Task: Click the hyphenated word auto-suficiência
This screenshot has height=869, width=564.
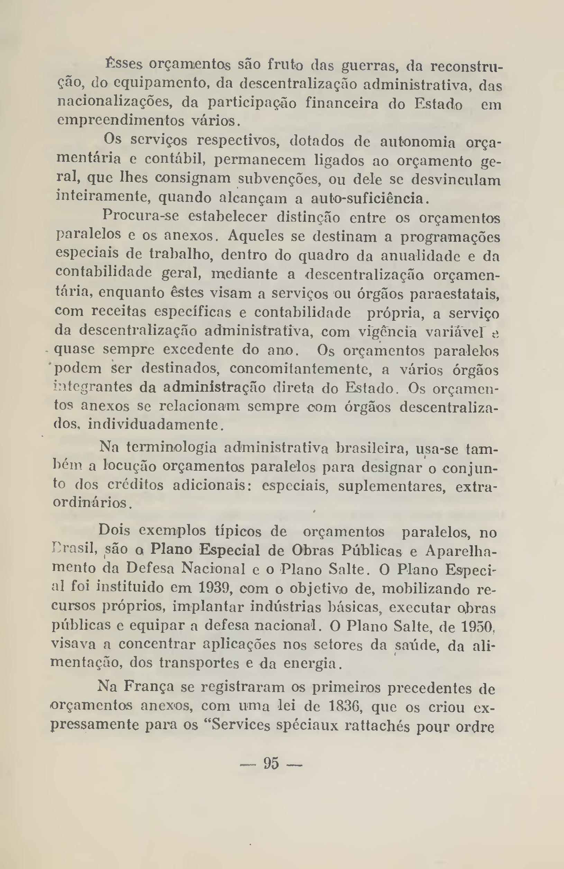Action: [x=368, y=198]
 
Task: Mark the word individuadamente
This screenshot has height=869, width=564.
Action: [x=154, y=424]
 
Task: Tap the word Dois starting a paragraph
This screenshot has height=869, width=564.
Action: [x=114, y=530]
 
